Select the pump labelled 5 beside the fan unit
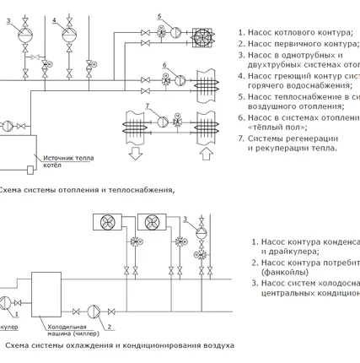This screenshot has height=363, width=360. (175, 32)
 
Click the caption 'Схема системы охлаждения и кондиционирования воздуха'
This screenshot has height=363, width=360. (118, 346)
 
